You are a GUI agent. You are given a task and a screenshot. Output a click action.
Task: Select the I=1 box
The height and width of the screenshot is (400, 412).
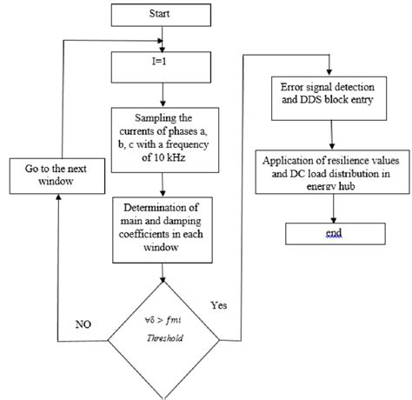coord(163,65)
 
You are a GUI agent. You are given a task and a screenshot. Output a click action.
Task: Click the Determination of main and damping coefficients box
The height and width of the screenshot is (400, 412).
coord(163,229)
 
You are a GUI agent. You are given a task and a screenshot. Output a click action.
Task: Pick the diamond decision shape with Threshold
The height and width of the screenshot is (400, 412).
coord(163,328)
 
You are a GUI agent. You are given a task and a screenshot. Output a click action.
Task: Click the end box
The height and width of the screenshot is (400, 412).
coord(329,232)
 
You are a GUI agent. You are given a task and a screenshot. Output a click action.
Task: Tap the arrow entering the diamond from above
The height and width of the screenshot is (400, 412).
coord(163,270)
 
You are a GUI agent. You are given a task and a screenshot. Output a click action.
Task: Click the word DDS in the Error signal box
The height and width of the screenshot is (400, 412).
coord(309,103)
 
